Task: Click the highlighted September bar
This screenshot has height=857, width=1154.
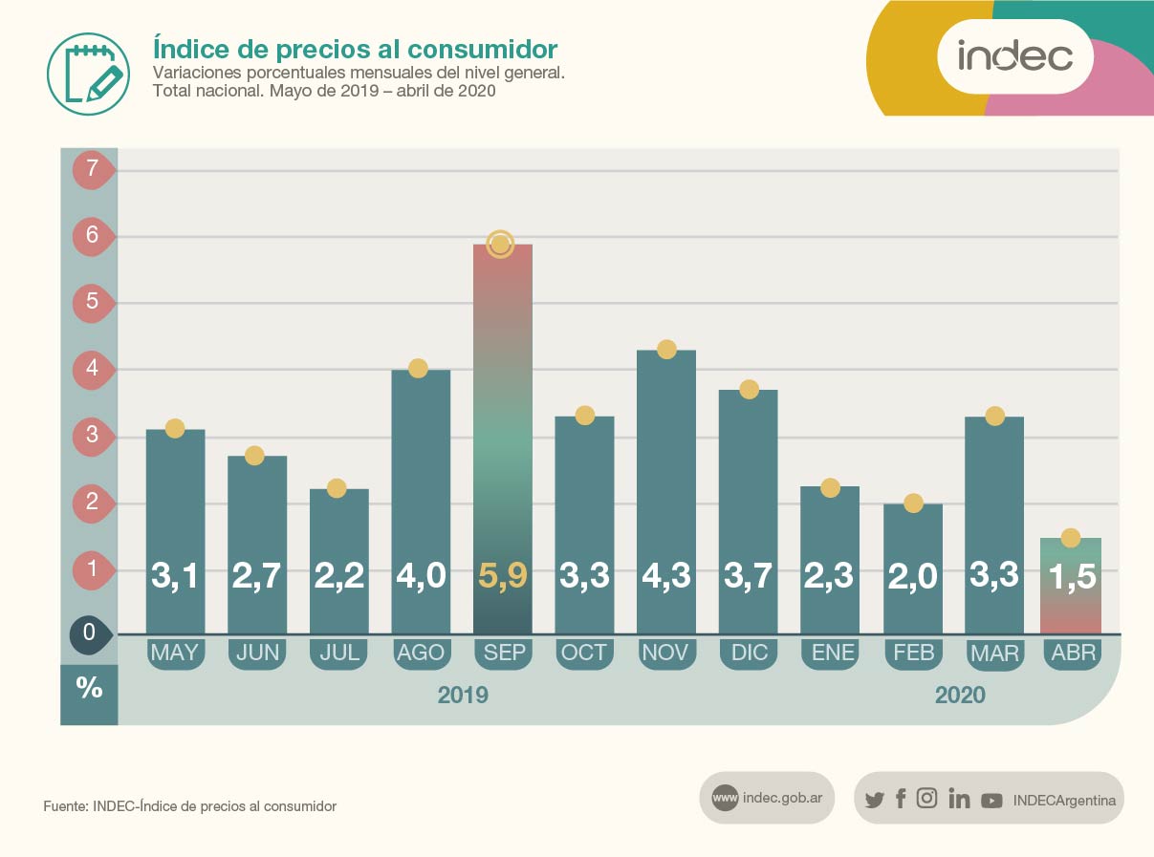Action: coord(503,439)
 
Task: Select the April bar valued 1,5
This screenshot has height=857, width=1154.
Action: coord(1071,585)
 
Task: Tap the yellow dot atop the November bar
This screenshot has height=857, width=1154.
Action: coord(666,350)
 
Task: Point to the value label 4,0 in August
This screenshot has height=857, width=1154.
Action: coord(421,576)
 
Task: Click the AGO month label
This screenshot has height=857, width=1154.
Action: coord(421,653)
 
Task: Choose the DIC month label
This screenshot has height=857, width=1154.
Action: coord(749,653)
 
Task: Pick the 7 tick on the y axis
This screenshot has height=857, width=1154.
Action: coord(93,170)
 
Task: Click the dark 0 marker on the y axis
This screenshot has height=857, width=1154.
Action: coord(90,633)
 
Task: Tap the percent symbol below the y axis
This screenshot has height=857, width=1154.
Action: coord(89,688)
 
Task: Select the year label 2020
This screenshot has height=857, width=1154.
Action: coord(960,696)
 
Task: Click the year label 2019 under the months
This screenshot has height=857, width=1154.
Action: coord(463,696)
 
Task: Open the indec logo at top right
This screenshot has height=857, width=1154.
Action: coord(1014,56)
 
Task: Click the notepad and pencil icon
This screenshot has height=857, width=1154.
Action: coord(87,70)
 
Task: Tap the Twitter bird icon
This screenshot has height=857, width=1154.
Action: coord(874,800)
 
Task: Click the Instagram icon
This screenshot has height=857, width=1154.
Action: coord(926,799)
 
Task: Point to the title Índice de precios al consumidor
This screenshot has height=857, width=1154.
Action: coord(355,49)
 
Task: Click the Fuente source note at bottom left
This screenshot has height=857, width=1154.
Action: coord(190,806)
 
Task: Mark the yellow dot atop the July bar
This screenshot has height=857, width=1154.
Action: coord(337,488)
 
